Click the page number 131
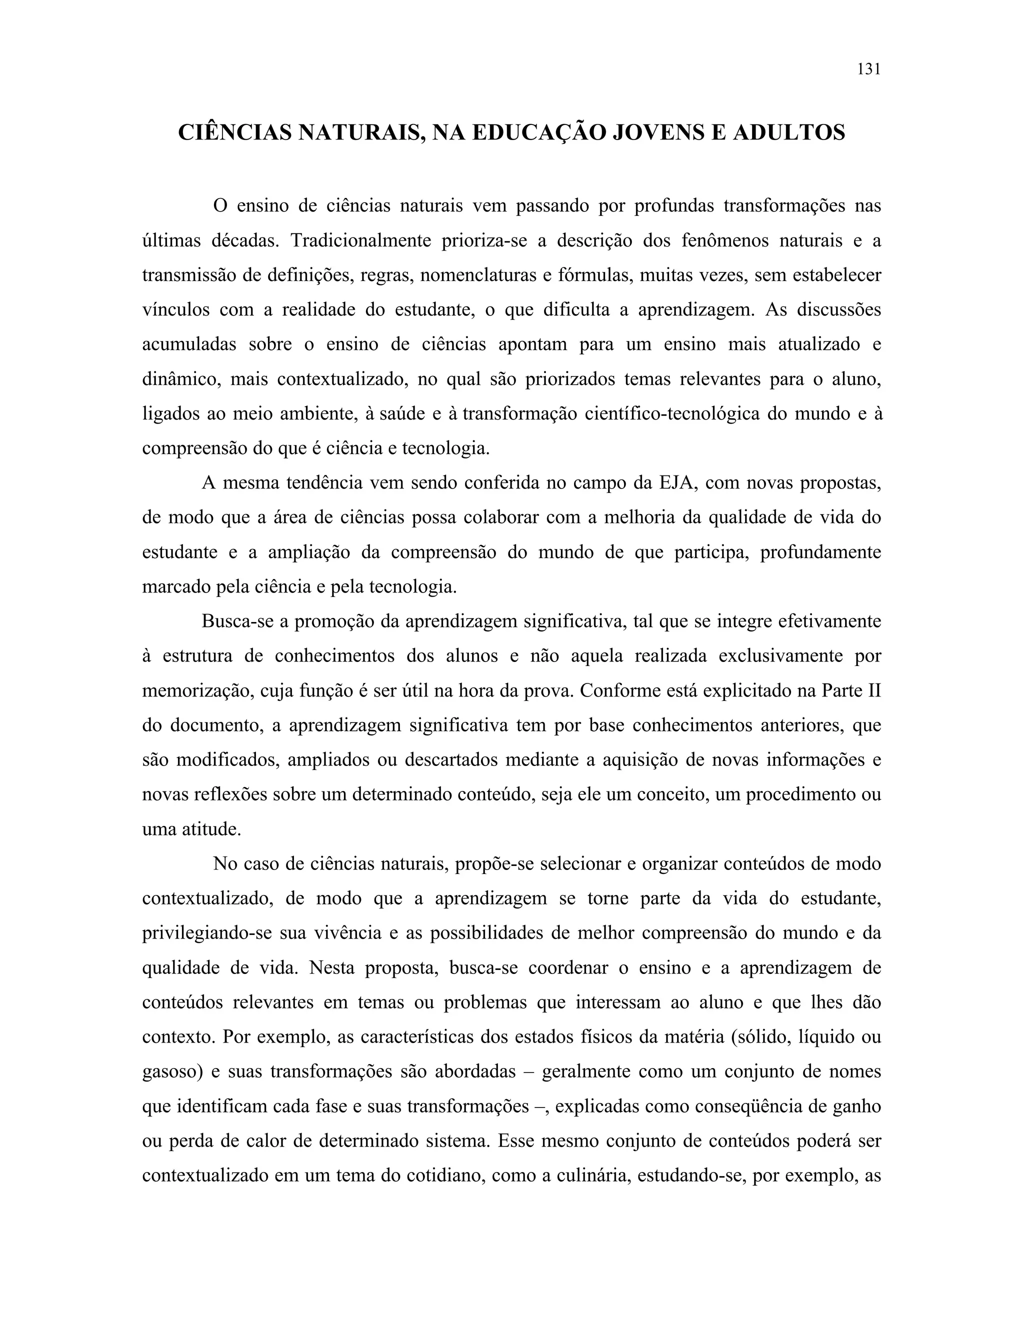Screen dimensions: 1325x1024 (868, 69)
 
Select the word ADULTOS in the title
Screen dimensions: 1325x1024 (788, 132)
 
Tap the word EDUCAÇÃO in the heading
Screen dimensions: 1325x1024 (538, 132)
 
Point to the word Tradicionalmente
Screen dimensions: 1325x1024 (360, 241)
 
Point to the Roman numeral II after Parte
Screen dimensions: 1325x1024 (873, 691)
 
